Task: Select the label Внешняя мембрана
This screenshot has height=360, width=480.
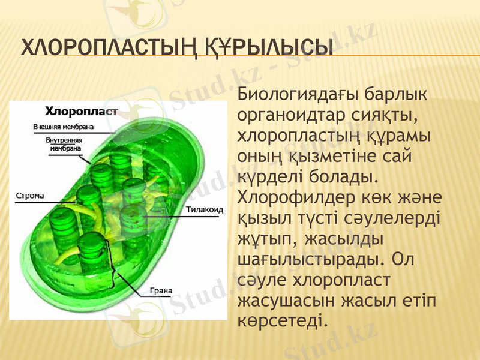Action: [x=62, y=127]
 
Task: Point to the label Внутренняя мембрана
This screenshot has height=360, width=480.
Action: [x=65, y=143]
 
